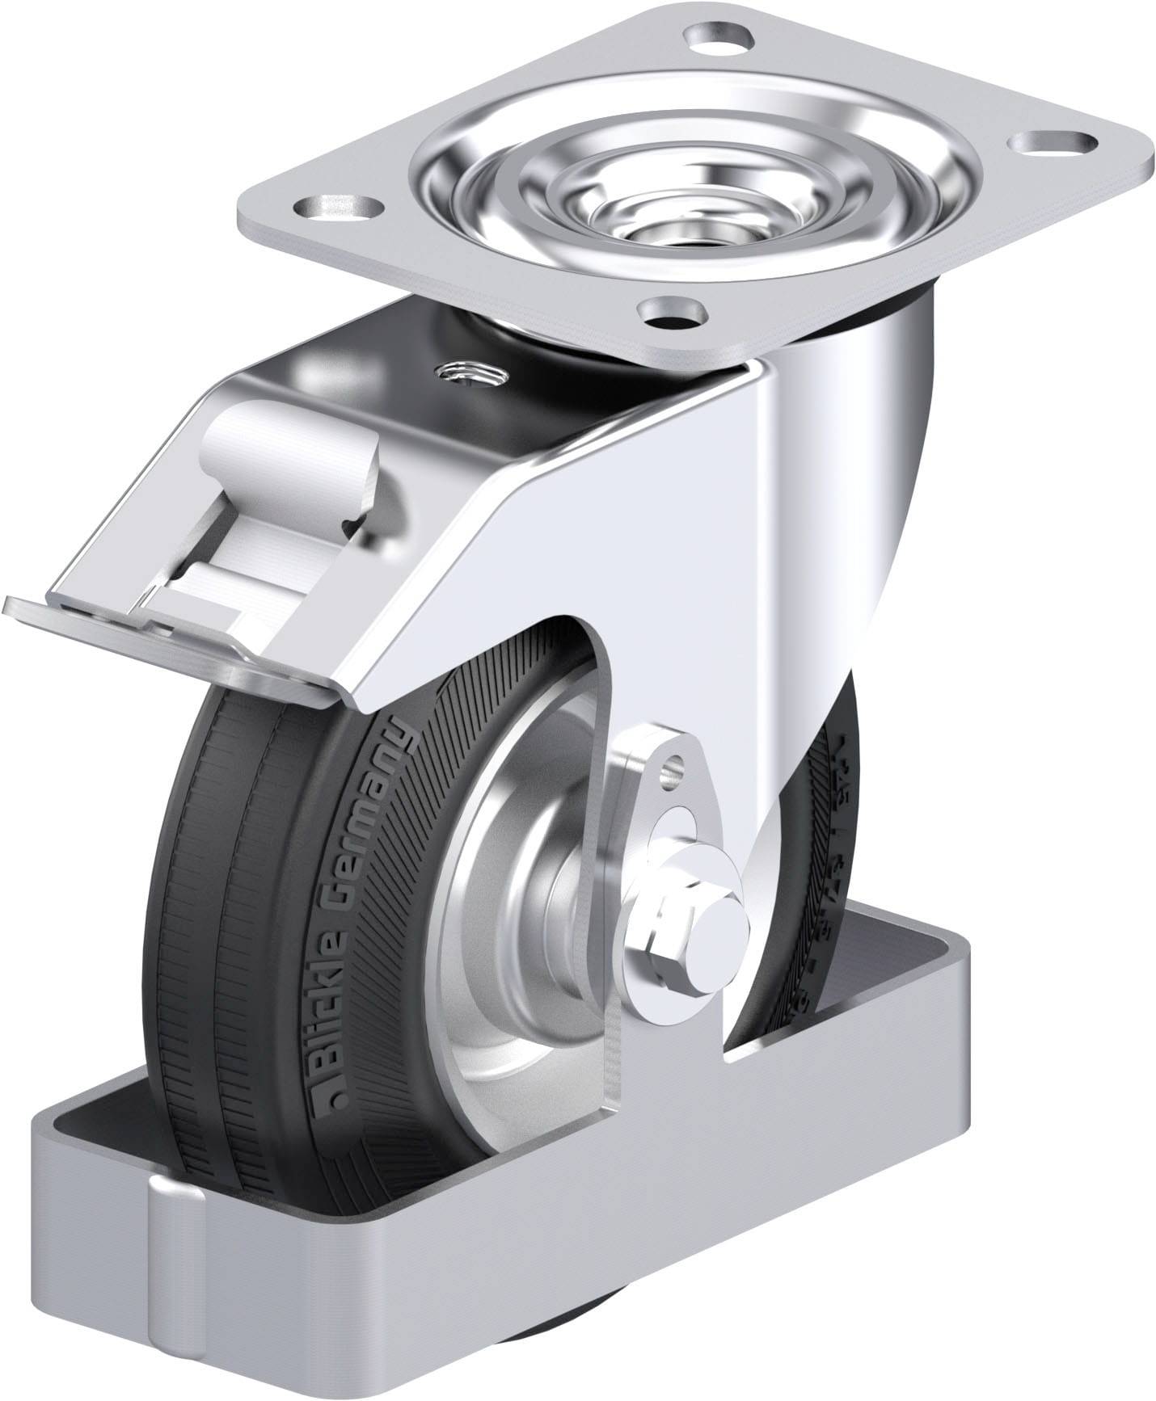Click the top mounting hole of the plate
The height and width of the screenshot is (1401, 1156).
point(719,37)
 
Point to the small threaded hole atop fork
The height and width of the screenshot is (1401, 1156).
point(468,372)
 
